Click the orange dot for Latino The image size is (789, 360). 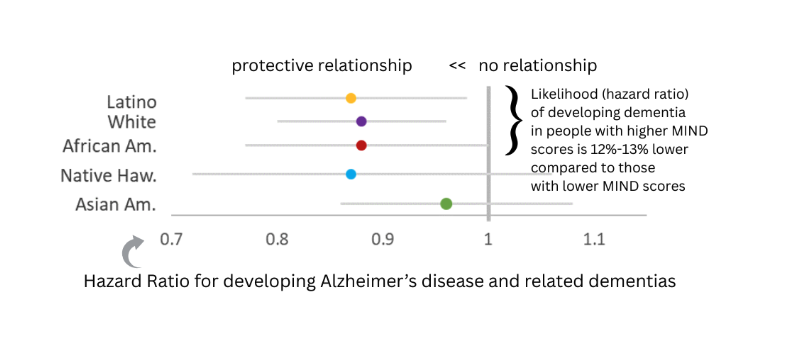(x=351, y=98)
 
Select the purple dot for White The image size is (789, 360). (x=361, y=121)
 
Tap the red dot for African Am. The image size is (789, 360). (x=361, y=145)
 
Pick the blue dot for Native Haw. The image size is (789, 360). (x=351, y=174)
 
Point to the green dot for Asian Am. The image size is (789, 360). (x=446, y=204)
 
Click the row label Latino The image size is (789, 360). (x=131, y=101)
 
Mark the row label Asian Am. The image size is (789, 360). (x=116, y=205)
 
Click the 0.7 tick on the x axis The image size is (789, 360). (x=172, y=240)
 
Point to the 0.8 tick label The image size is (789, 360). (x=277, y=240)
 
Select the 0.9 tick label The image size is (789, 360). (x=382, y=240)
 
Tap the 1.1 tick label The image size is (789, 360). (x=593, y=240)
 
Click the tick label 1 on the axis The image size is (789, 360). (x=488, y=240)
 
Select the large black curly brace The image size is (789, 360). (x=514, y=121)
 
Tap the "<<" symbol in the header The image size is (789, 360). (x=457, y=66)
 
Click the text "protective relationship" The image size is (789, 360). (x=322, y=66)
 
